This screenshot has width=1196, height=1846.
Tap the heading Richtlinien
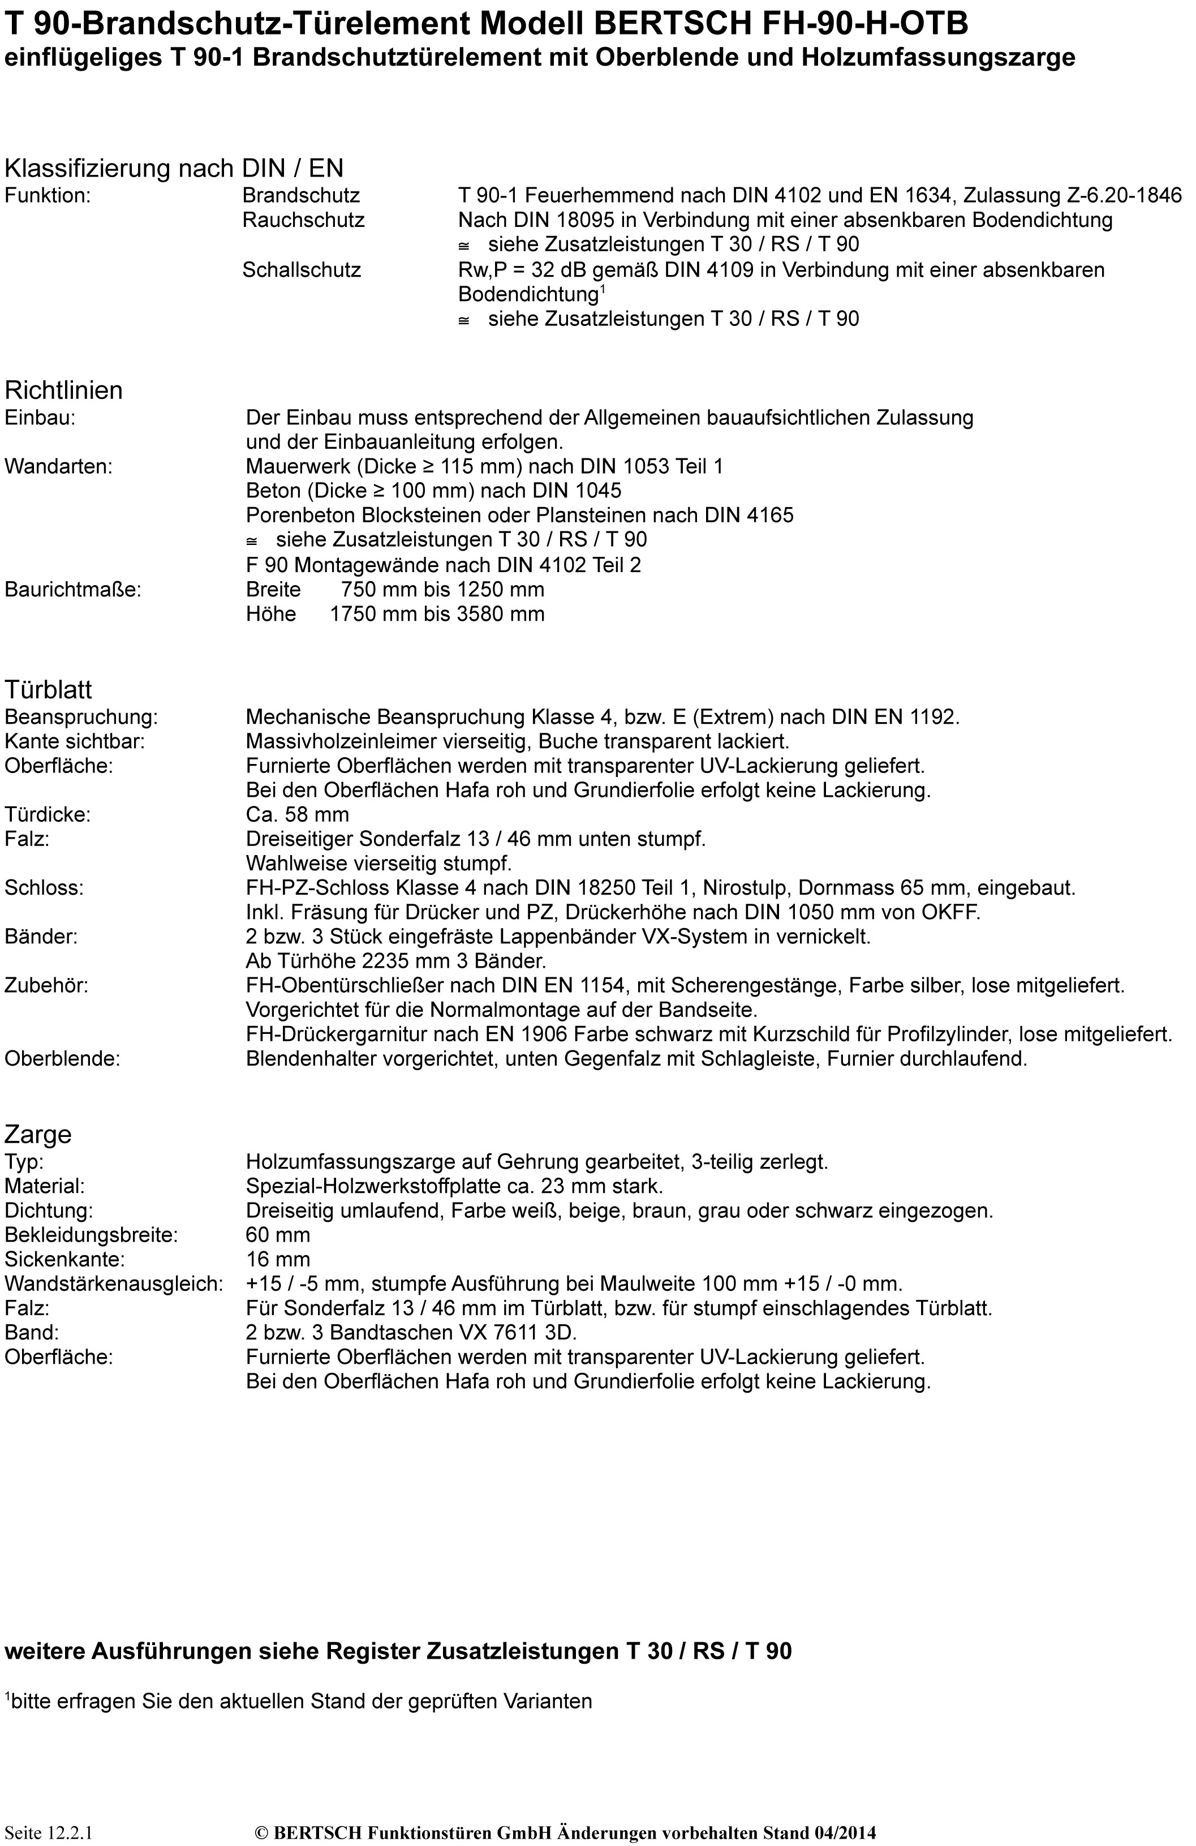click(x=63, y=390)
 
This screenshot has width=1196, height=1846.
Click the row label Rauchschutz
click(x=303, y=220)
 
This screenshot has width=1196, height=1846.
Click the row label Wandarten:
click(x=58, y=466)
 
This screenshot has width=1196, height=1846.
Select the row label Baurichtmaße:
click(x=73, y=590)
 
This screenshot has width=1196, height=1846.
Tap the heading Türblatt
click(x=48, y=689)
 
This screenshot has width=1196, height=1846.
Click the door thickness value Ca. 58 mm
click(x=297, y=814)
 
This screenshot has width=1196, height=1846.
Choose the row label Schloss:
click(x=44, y=888)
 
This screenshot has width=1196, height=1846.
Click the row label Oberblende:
click(x=62, y=1059)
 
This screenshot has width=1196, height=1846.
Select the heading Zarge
click(x=38, y=1134)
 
